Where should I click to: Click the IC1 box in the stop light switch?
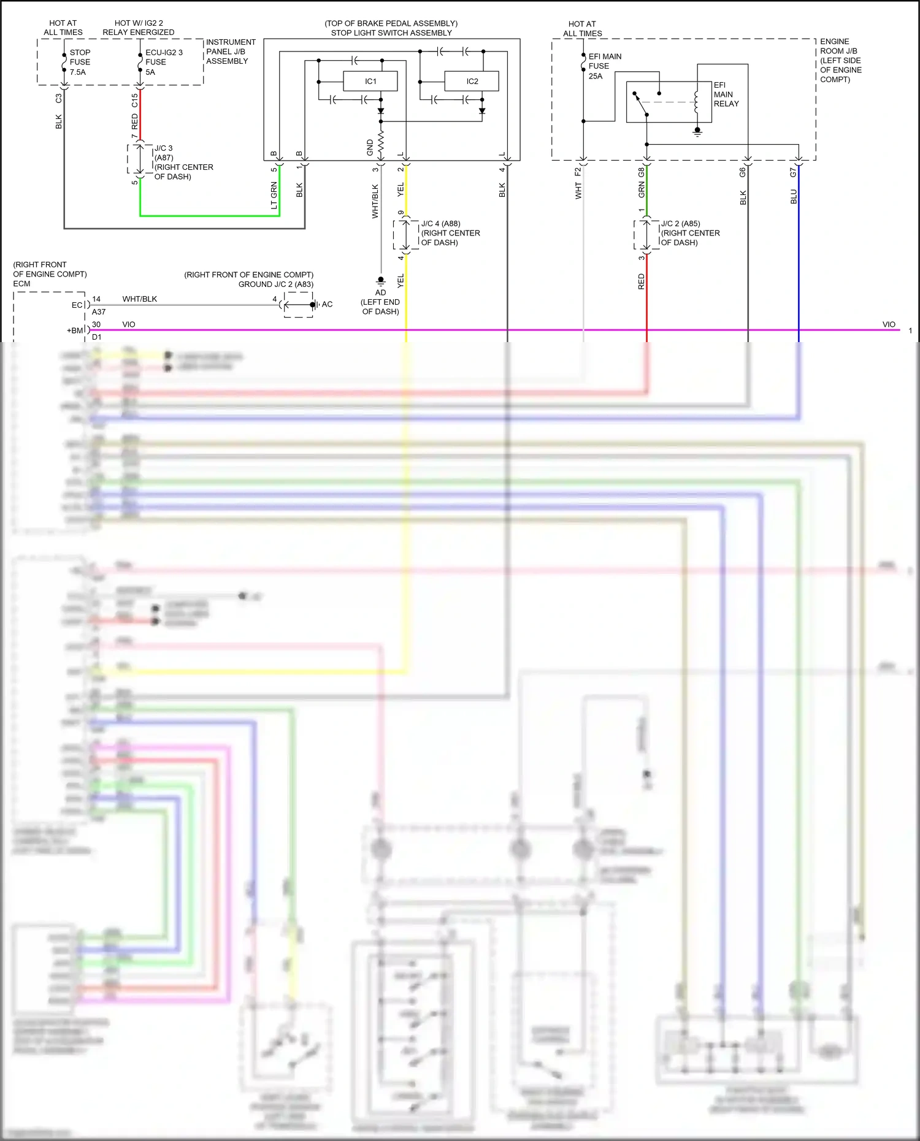[370, 81]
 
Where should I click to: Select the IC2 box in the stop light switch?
[472, 81]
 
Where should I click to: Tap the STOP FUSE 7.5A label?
[80, 62]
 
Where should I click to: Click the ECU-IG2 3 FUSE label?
[163, 62]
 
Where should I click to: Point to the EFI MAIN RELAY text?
[726, 94]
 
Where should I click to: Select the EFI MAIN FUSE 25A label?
[604, 66]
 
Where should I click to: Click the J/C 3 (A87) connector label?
[183, 162]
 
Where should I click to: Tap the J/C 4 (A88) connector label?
[450, 233]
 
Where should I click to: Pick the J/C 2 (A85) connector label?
[689, 233]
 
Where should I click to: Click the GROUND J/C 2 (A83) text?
[275, 284]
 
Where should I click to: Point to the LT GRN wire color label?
[274, 196]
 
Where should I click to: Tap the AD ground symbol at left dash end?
[380, 282]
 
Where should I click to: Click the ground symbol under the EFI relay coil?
[697, 132]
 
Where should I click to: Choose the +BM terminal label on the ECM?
[75, 330]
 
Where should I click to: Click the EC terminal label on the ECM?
[77, 305]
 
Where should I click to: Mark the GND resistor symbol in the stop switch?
[381, 143]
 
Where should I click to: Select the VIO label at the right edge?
[888, 324]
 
